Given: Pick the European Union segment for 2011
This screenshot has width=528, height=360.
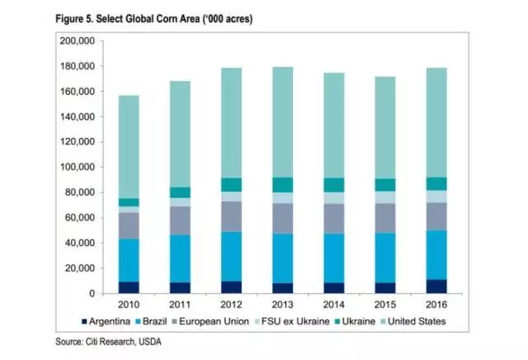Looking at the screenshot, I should coord(180,220).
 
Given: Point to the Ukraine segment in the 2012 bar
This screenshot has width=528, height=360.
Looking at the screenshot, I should coord(231,184).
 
